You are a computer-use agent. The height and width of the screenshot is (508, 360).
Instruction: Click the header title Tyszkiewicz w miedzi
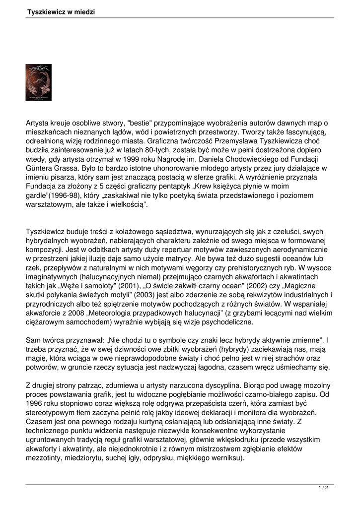pos(61,11)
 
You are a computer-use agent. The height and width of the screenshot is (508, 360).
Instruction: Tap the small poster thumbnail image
pos(38,82)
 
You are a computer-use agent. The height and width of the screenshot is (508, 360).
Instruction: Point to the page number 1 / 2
pos(323,488)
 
